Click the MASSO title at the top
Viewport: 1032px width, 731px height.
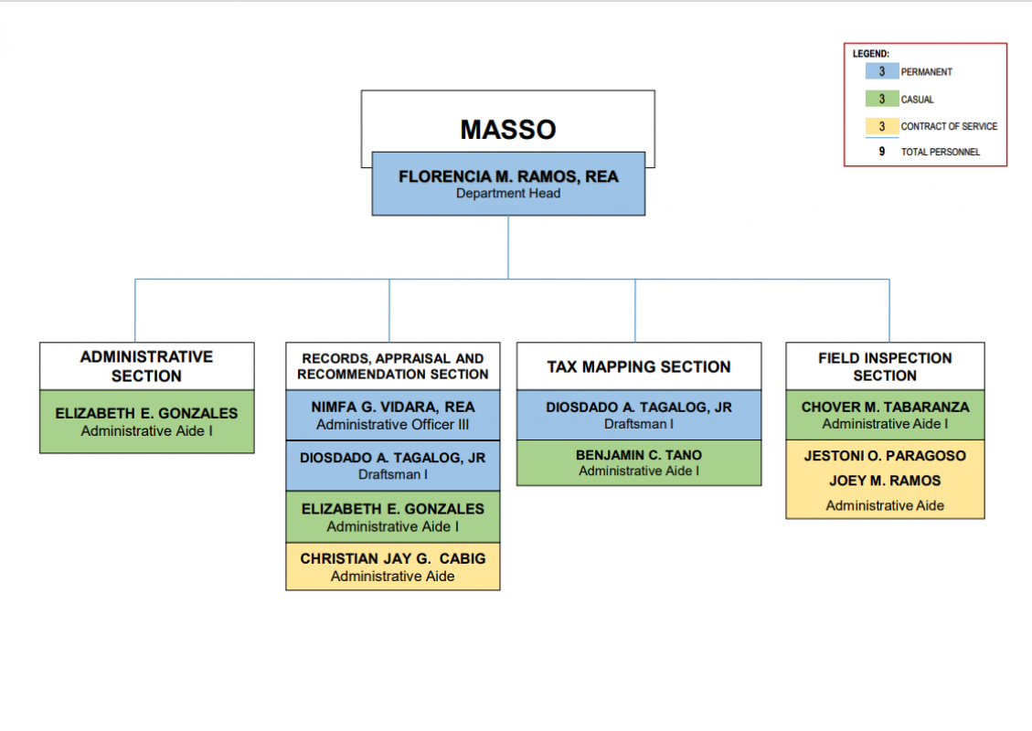coord(508,130)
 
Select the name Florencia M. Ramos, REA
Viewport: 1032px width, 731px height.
coord(508,176)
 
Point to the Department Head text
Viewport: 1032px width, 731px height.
coord(508,194)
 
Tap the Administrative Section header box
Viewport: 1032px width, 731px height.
coord(147,365)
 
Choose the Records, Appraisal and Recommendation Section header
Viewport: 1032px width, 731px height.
coord(393,365)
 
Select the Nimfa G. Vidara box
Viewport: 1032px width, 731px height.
coord(393,415)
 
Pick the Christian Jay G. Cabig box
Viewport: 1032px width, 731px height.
coord(393,567)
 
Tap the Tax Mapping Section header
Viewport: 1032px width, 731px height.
coord(639,365)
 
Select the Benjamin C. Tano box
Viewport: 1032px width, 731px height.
coord(639,462)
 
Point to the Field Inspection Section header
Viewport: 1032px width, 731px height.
coord(885,365)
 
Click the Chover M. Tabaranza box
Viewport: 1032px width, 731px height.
coord(885,415)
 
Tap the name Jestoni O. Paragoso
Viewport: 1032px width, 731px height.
coord(885,456)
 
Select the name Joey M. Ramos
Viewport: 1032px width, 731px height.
coord(885,481)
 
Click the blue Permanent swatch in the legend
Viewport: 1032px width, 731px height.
coord(882,71)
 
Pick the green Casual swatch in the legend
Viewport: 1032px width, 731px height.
coord(882,99)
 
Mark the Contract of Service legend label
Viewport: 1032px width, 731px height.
coord(949,126)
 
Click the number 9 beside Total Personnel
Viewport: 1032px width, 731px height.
coord(882,152)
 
